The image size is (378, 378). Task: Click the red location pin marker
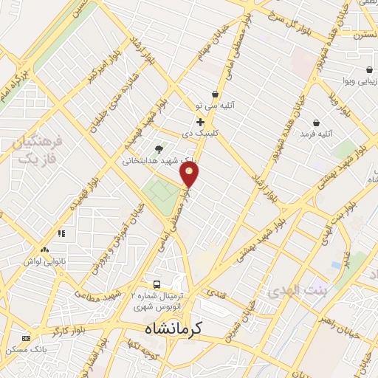pyautogui.click(x=190, y=174)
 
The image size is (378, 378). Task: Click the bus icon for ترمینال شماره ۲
pyautogui.click(x=157, y=284)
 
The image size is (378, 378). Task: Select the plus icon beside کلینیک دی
pyautogui.click(x=200, y=122)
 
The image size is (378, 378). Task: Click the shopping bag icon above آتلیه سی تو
pyautogui.click(x=215, y=94)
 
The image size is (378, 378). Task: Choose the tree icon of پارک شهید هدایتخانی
pyautogui.click(x=159, y=148)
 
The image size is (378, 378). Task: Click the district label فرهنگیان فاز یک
pyautogui.click(x=37, y=150)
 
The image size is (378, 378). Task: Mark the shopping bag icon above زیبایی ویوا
pyautogui.click(x=368, y=69)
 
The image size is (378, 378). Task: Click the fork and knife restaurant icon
pyautogui.click(x=61, y=233)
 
